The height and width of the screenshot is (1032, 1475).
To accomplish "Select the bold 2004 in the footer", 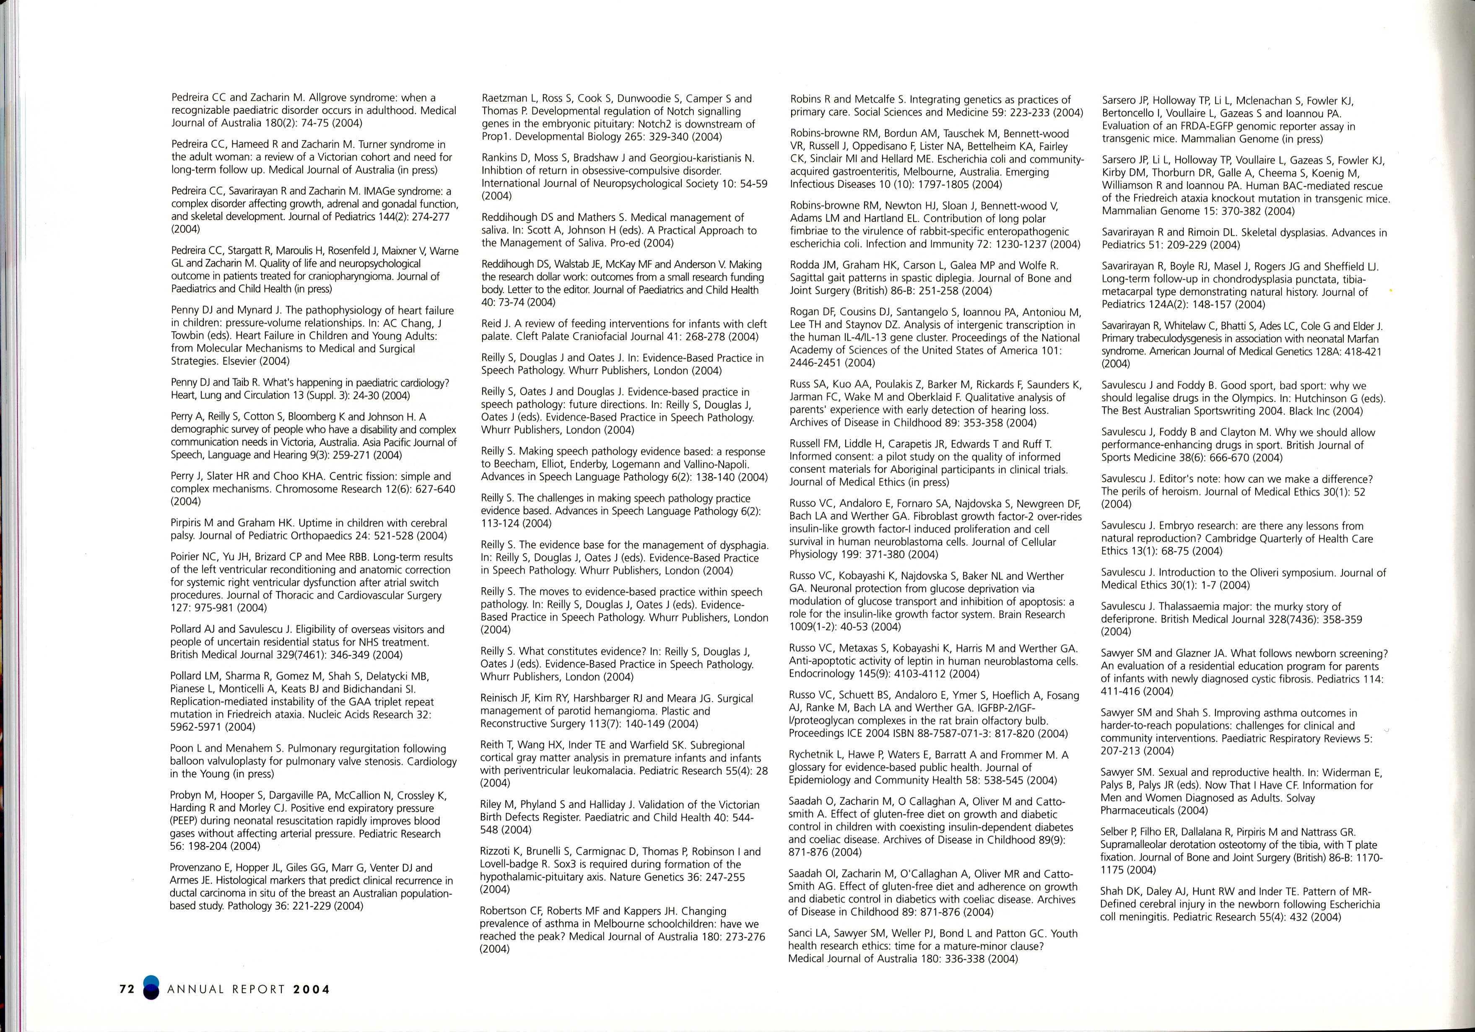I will click(x=312, y=990).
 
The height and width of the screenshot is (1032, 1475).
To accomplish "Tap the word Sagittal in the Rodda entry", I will click(x=808, y=278).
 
